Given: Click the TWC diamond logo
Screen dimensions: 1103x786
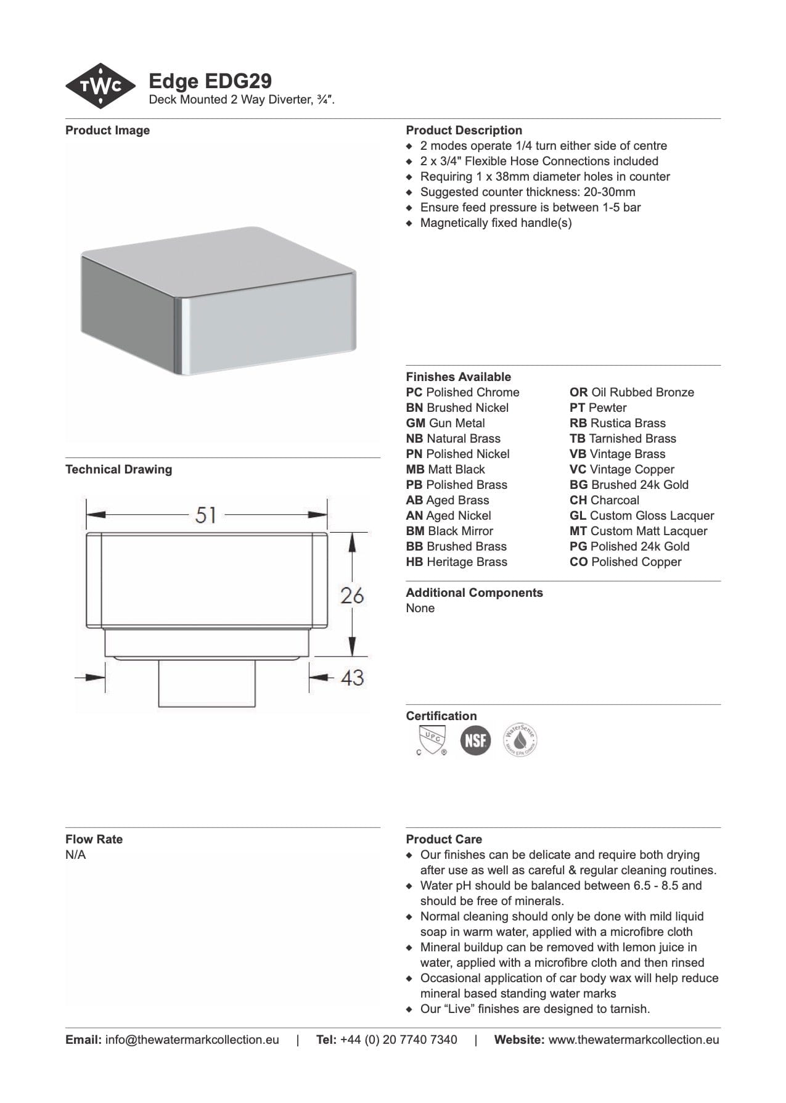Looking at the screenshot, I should click(x=100, y=86).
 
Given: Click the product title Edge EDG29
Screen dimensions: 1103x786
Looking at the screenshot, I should click(x=210, y=81).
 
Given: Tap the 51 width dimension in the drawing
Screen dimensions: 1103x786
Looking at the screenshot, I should click(x=206, y=515).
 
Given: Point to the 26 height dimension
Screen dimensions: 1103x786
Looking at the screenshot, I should click(x=352, y=596).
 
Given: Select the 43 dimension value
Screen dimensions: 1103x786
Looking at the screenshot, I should click(x=352, y=678).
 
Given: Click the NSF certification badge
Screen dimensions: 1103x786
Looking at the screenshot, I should click(x=475, y=740).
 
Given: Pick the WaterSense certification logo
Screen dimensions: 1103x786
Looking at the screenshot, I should click(x=520, y=740).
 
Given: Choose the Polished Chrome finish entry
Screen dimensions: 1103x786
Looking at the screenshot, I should click(x=462, y=393).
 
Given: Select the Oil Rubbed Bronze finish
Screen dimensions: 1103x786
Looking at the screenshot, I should click(x=631, y=393).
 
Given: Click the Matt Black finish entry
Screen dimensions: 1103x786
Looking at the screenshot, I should click(x=445, y=470).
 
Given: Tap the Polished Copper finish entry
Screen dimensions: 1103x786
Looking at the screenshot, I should click(x=625, y=562).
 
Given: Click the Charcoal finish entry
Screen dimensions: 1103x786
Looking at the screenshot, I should click(x=604, y=501).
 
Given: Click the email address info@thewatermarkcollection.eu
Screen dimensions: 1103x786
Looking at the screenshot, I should click(x=192, y=1040).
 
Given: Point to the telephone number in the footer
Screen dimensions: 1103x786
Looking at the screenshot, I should click(x=398, y=1040).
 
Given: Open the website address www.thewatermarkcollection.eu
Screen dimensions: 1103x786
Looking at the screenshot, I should click(x=633, y=1040).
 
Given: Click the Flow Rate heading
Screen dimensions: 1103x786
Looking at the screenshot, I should click(x=94, y=840).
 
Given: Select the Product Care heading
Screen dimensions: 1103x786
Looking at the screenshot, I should click(x=444, y=840).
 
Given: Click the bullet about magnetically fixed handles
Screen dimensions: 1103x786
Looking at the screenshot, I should click(x=496, y=223).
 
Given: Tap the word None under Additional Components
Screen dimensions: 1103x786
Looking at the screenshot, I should click(x=420, y=609).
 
